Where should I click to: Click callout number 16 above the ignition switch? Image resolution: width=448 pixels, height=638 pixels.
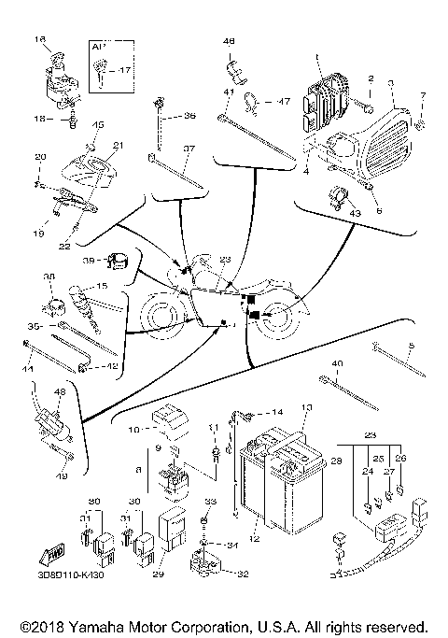point(40,39)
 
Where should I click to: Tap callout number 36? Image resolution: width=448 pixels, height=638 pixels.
point(189,116)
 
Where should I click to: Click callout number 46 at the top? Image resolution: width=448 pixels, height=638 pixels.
point(230,40)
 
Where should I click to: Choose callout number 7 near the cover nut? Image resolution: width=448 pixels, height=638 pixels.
point(421,96)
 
